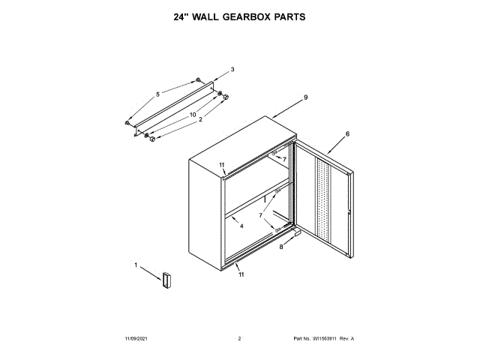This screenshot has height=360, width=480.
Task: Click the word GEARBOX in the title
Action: (240, 16)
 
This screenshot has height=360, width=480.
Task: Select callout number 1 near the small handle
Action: (136, 265)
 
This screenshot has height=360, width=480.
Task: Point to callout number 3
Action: (232, 70)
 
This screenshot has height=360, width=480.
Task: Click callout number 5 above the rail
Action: (157, 94)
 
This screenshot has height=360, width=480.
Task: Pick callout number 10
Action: (193, 115)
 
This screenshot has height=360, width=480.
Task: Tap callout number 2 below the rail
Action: (200, 120)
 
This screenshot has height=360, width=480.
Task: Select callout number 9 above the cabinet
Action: (306, 97)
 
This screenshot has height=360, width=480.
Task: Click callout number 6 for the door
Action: (347, 134)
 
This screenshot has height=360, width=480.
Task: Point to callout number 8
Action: (282, 247)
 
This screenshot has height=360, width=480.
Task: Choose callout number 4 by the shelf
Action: (241, 225)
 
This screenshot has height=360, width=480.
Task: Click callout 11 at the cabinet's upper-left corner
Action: (221, 164)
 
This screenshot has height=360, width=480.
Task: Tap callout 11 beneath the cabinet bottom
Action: (241, 275)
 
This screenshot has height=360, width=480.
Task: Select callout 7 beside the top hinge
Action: (284, 159)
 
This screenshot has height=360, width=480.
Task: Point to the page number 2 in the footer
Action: (239, 339)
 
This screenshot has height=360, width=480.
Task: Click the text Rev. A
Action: (346, 339)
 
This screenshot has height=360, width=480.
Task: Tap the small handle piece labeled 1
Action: (165, 279)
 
